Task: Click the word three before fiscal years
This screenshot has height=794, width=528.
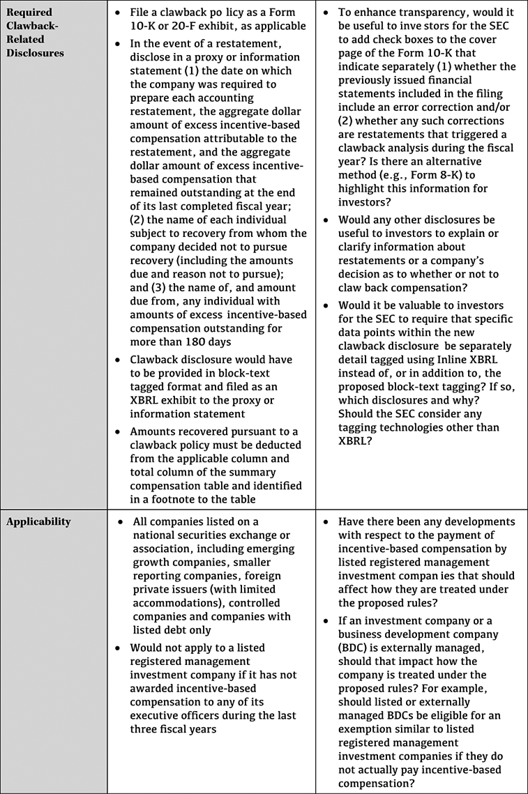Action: (147, 729)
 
